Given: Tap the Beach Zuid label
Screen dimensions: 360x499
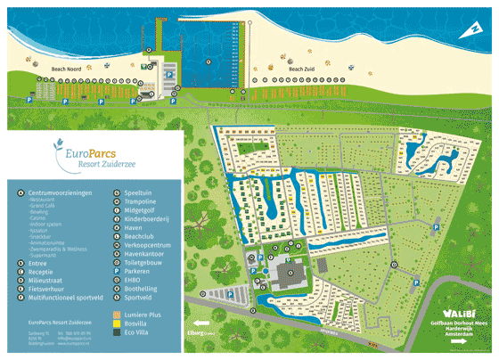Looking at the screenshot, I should click(303, 68).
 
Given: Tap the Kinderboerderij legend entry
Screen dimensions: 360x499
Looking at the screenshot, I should click(146, 215).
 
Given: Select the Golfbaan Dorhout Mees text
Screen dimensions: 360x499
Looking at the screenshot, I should click(458, 322).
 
